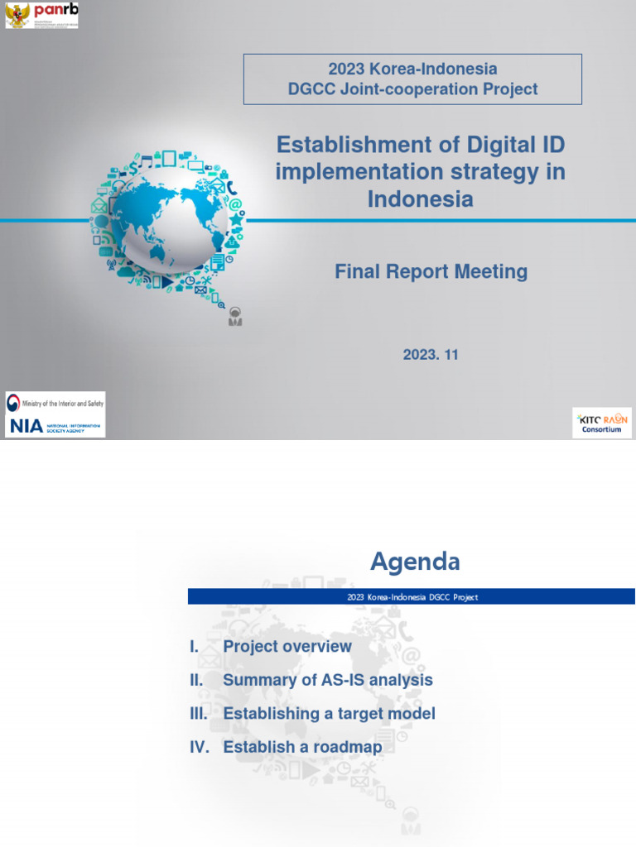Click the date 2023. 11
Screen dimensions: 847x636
pos(431,355)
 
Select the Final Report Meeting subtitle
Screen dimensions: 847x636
pos(431,271)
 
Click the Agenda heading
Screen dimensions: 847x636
pos(415,562)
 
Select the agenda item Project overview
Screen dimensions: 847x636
pos(287,647)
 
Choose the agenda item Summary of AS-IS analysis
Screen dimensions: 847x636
pos(328,680)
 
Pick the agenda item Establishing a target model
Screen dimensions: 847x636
pos(329,714)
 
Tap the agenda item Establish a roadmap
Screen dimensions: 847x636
pos(302,748)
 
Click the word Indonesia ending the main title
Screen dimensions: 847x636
pos(420,199)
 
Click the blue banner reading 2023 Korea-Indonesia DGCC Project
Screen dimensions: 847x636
pos(412,596)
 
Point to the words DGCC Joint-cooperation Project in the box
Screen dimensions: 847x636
pos(412,89)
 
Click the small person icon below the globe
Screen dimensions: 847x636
pos(236,316)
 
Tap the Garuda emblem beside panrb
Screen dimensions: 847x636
pos(17,15)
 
